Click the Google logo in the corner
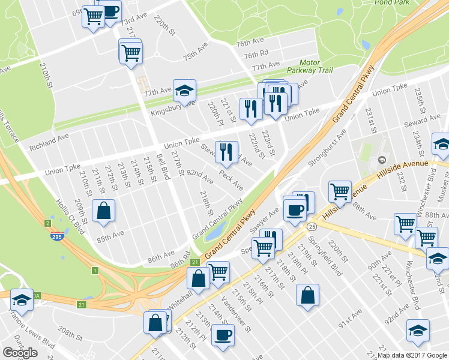[x=20, y=352]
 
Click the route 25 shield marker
[x=311, y=227]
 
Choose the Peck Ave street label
[x=231, y=178]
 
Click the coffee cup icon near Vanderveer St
[x=223, y=334]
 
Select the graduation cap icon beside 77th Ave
[x=185, y=89]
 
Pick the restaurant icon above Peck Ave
[x=227, y=152]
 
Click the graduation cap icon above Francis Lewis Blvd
[x=22, y=299]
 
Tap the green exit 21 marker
[x=194, y=262]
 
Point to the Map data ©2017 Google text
[x=412, y=355]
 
